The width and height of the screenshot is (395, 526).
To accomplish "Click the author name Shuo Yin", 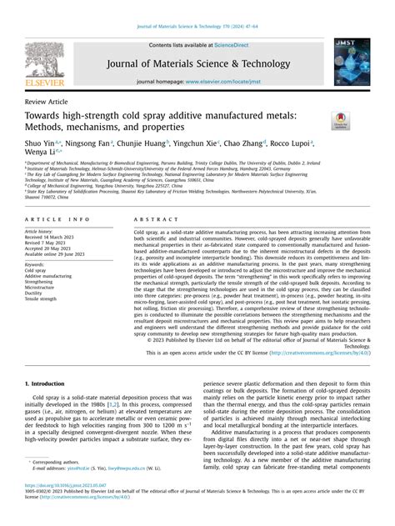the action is pos(43,143).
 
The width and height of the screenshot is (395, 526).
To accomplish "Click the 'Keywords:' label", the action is pos(39,263).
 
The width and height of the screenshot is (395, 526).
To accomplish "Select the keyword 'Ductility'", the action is pos(37,293).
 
